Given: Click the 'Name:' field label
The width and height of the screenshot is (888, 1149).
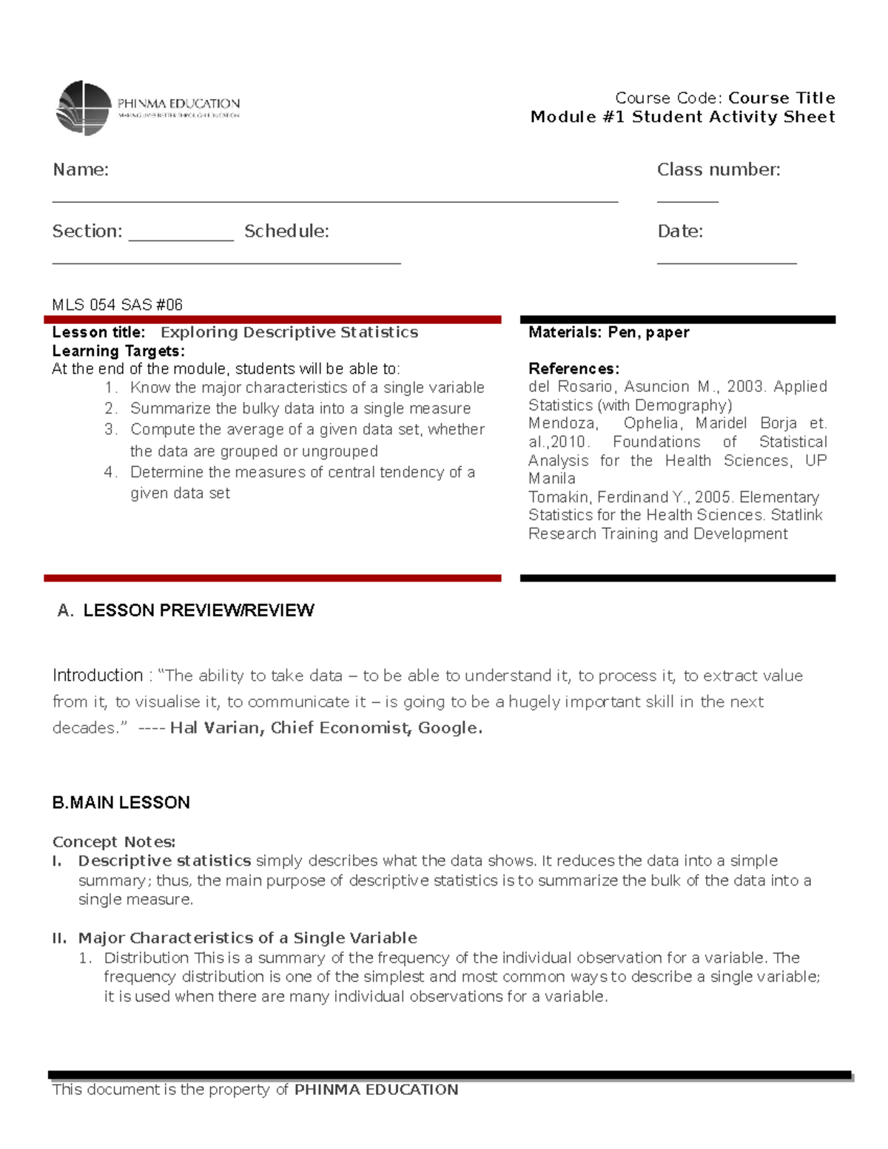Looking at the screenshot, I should coord(81,169).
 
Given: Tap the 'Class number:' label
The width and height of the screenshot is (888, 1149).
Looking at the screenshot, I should coord(718,169).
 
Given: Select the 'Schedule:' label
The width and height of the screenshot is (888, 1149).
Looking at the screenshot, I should coord(286,231).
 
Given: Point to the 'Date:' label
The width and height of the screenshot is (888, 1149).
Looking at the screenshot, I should coord(679,231).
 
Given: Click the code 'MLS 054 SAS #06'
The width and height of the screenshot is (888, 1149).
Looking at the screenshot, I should coord(117,305).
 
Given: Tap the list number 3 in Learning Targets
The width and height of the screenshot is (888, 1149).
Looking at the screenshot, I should coord(110,429).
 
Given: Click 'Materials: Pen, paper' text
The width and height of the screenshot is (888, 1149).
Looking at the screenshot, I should coord(608,332).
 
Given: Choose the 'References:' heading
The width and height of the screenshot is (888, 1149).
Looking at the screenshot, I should coord(573,368).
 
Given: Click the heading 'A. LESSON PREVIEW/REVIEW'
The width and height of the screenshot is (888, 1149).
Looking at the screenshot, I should coord(186,610).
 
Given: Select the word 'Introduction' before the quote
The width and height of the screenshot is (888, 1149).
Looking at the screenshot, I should coord(98,675).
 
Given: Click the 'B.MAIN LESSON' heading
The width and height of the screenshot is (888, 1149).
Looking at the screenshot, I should coord(121,803).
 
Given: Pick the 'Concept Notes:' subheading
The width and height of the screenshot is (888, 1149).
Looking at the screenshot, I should coord(113,842).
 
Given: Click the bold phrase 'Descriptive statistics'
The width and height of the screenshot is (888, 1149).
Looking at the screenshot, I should coord(164,861).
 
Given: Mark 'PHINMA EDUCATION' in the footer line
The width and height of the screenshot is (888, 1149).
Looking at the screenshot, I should coord(376,1090).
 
